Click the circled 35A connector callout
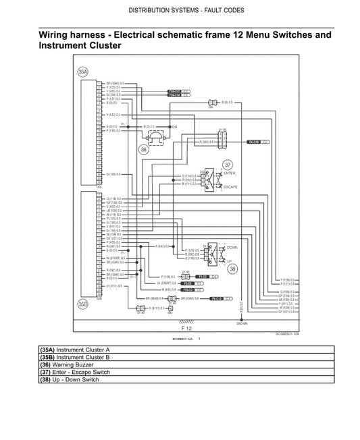[x=82, y=71]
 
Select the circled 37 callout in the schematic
[x=228, y=164]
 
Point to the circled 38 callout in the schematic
[x=232, y=268]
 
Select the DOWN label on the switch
[x=232, y=247]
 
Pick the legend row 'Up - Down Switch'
[x=80, y=380]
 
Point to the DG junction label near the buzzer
[x=174, y=126]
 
